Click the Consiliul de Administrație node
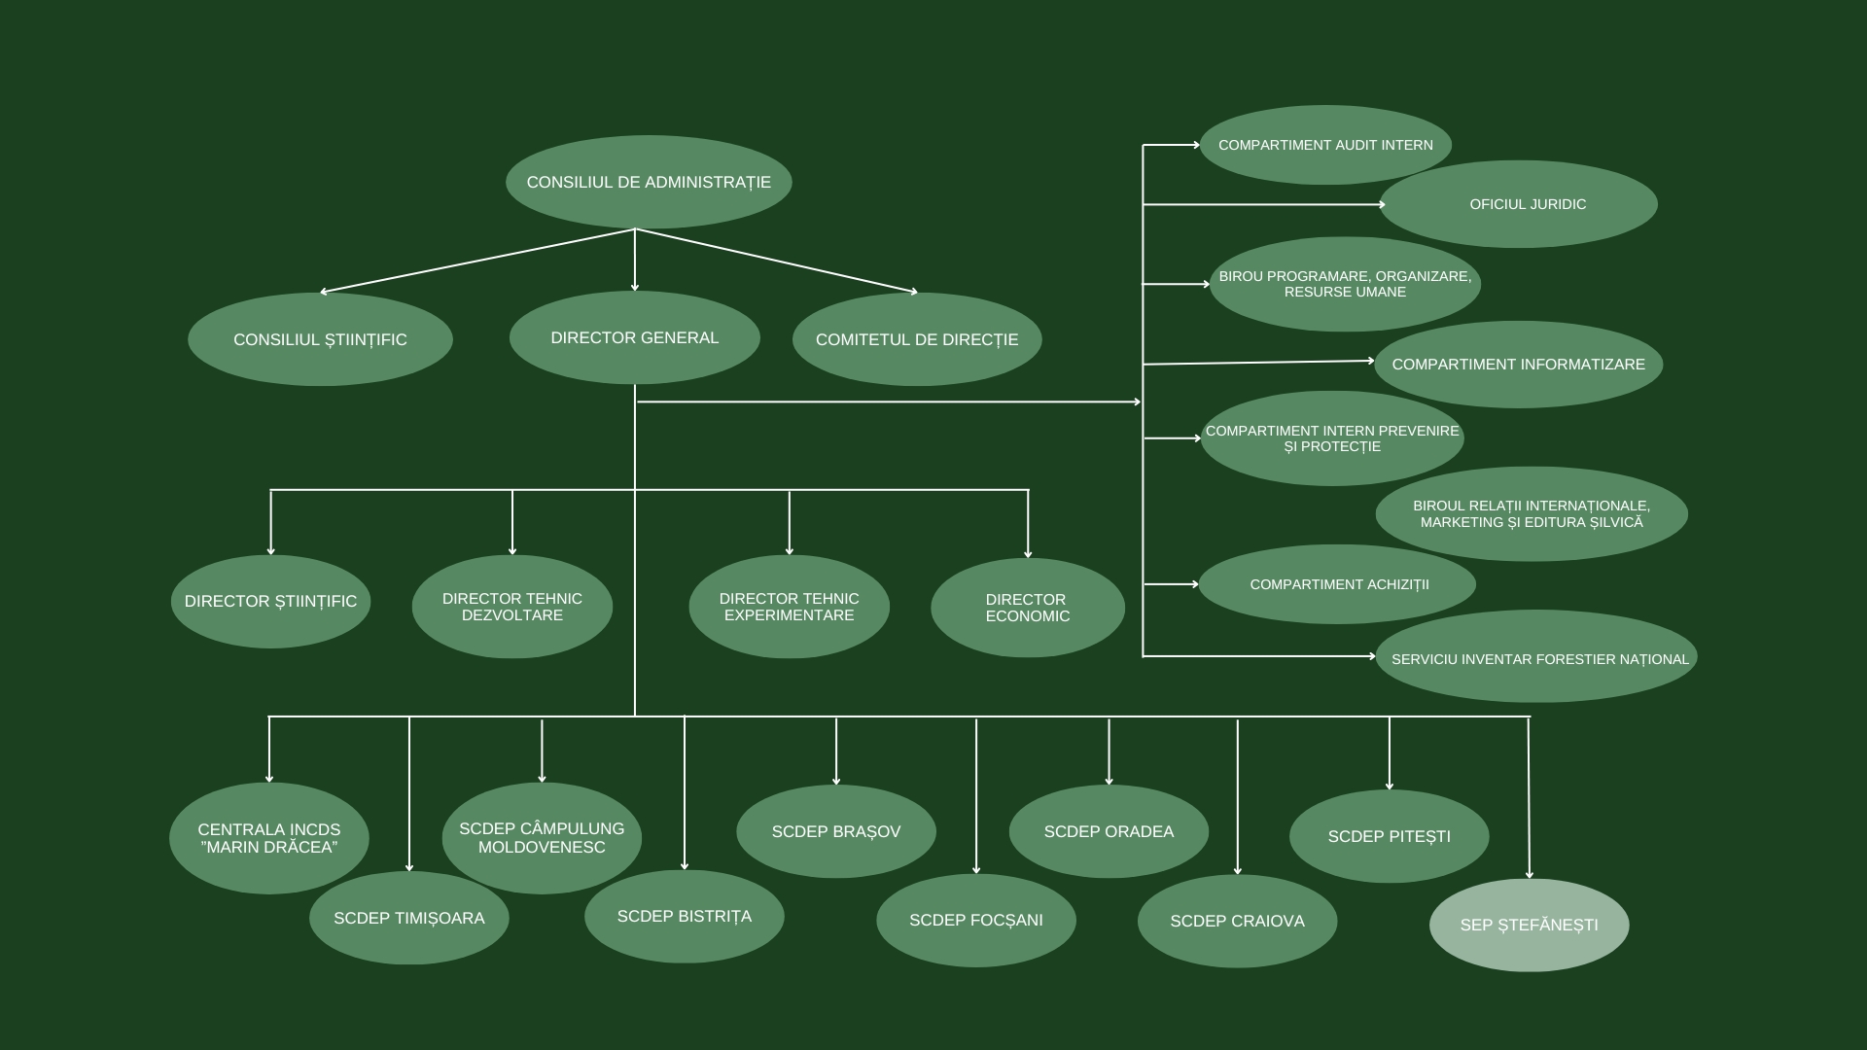649,182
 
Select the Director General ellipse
634,337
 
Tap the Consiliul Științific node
320,339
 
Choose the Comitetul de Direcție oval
917,339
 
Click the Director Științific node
270,601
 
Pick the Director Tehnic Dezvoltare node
511,607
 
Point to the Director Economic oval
1027,608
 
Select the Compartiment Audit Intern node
1325,145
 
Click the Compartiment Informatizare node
1518,365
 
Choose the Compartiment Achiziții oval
1338,584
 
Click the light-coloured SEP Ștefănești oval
1529,925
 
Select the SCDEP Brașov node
835,831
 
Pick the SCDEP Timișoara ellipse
408,918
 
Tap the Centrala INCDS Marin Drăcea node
269,838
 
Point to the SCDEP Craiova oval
1237,921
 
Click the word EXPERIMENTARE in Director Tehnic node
789,615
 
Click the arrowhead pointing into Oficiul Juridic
1381,204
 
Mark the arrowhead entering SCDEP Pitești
1389,786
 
